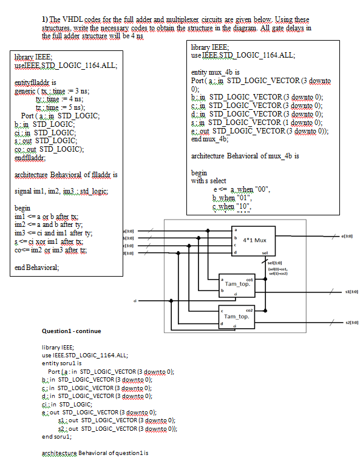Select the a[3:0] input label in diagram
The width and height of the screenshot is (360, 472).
(x=128, y=231)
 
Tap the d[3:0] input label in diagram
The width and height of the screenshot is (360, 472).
(x=128, y=252)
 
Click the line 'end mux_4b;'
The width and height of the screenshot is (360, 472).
(x=209, y=139)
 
